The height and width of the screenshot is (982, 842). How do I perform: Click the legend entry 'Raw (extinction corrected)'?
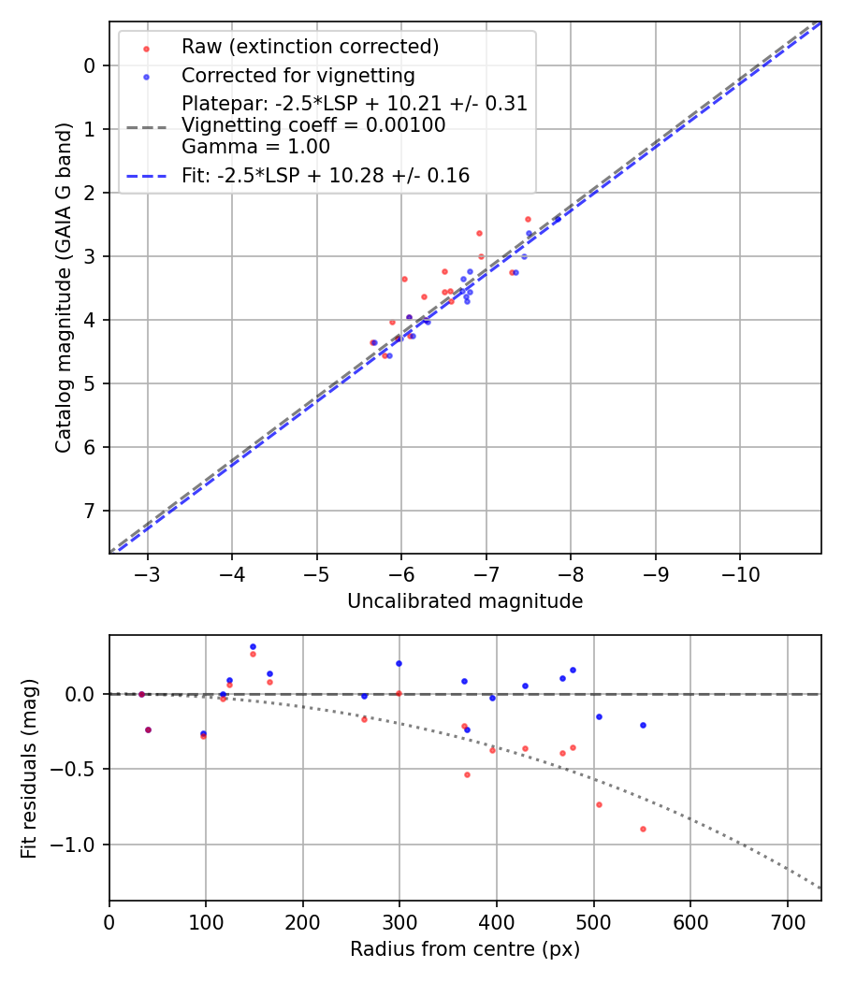[310, 47]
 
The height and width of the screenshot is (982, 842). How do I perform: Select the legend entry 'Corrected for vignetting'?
[298, 75]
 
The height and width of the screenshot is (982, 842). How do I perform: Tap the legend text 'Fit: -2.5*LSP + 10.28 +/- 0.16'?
[325, 175]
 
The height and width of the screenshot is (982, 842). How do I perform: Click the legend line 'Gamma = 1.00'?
[255, 146]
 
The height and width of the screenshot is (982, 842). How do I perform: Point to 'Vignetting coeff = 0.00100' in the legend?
[313, 124]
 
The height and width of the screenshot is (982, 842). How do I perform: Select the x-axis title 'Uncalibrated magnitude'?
[465, 601]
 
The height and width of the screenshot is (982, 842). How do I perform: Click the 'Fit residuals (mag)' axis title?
[29, 768]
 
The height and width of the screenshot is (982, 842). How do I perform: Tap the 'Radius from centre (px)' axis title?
[465, 949]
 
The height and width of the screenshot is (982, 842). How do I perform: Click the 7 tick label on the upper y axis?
[90, 511]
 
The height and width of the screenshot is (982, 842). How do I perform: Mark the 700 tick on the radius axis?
[787, 920]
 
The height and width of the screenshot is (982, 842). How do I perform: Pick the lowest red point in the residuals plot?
[643, 829]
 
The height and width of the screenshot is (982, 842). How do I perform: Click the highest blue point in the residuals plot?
[253, 646]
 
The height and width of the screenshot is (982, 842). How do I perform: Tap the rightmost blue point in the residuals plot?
[643, 725]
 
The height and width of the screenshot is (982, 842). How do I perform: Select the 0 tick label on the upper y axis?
[90, 65]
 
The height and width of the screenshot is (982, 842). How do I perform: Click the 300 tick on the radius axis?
[399, 920]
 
